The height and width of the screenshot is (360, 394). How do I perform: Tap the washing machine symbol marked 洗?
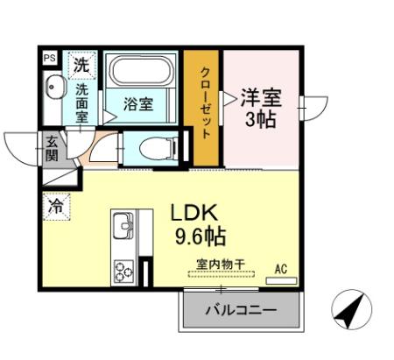(81, 64)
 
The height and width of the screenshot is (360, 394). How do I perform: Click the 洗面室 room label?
(82, 102)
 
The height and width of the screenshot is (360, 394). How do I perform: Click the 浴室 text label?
(138, 104)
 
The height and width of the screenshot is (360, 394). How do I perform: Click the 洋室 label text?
(260, 96)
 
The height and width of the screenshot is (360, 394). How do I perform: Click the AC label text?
(282, 269)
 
